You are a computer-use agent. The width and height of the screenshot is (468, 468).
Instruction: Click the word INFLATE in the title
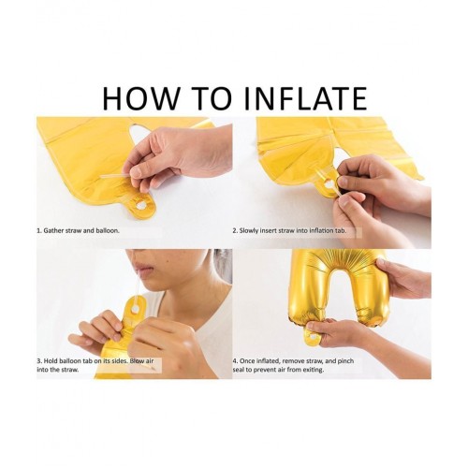point(306,98)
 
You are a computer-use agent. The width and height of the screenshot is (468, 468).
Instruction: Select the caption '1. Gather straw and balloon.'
point(78,231)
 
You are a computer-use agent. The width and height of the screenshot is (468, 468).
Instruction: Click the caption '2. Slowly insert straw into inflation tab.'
point(289,231)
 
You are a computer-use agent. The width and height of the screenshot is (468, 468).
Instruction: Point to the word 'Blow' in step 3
point(138,361)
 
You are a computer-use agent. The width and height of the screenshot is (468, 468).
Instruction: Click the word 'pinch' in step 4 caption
point(345,361)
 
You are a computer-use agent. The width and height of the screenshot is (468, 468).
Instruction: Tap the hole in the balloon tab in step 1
point(139,205)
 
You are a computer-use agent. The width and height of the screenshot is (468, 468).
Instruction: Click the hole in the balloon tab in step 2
point(329,184)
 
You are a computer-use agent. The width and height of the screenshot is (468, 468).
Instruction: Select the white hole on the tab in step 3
point(136,309)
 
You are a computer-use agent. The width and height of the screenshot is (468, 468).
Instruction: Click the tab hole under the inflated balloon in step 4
point(313,336)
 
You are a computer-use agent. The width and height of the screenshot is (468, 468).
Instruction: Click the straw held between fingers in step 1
point(118,177)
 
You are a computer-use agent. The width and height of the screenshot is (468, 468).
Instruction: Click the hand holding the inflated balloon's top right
point(402,279)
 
